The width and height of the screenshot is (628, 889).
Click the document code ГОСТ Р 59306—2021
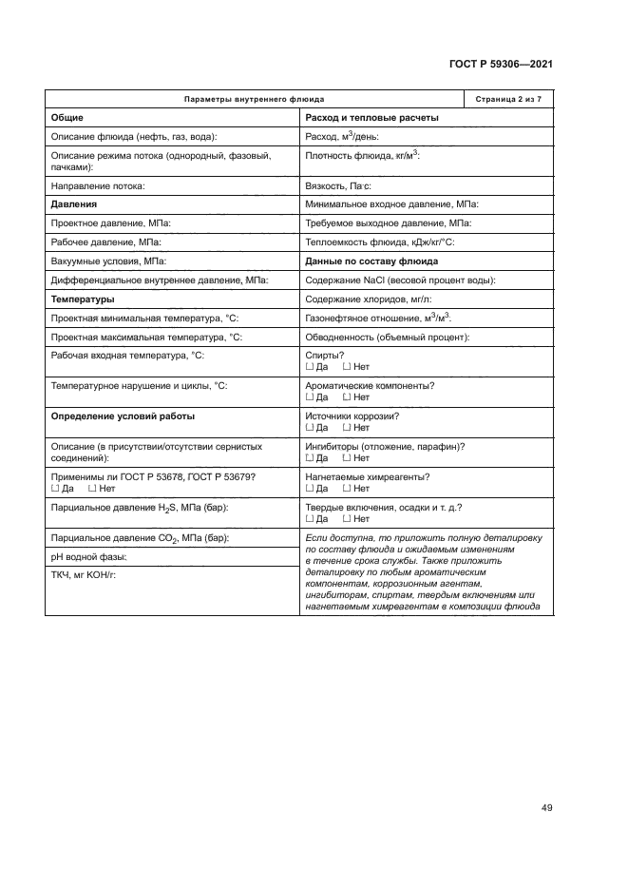pyautogui.click(x=501, y=64)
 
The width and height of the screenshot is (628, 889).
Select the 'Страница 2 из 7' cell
pyautogui.click(x=507, y=100)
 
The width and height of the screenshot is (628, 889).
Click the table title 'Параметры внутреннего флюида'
pyautogui.click(x=253, y=100)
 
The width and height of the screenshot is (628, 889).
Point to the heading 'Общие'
pyautogui.click(x=67, y=118)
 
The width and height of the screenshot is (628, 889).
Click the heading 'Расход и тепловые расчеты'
pyautogui.click(x=371, y=118)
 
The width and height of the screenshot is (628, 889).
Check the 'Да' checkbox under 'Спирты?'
pyautogui.click(x=309, y=367)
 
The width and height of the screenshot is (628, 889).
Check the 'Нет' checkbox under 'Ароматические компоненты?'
pyautogui.click(x=346, y=397)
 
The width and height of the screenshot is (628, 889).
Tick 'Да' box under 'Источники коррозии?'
pyautogui.click(x=309, y=428)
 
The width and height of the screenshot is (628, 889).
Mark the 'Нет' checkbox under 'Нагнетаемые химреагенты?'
pyautogui.click(x=346, y=489)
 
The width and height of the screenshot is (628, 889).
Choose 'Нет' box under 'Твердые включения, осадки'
pyautogui.click(x=346, y=519)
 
